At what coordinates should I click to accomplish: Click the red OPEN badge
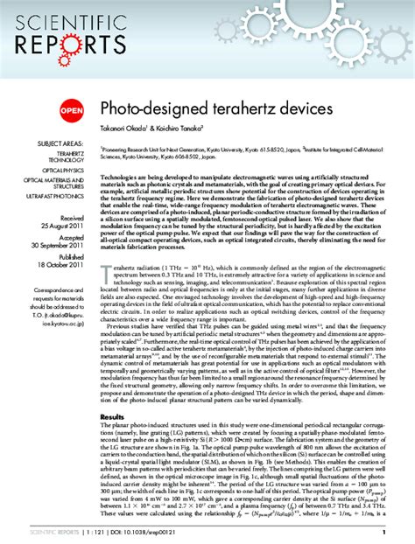point(72,110)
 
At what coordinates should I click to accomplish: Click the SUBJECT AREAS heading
point(60,143)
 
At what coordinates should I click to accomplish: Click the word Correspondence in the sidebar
point(61,288)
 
